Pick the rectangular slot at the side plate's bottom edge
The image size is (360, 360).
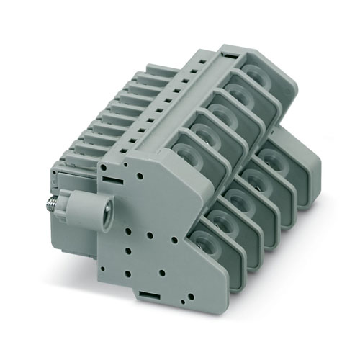pos(145,295)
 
